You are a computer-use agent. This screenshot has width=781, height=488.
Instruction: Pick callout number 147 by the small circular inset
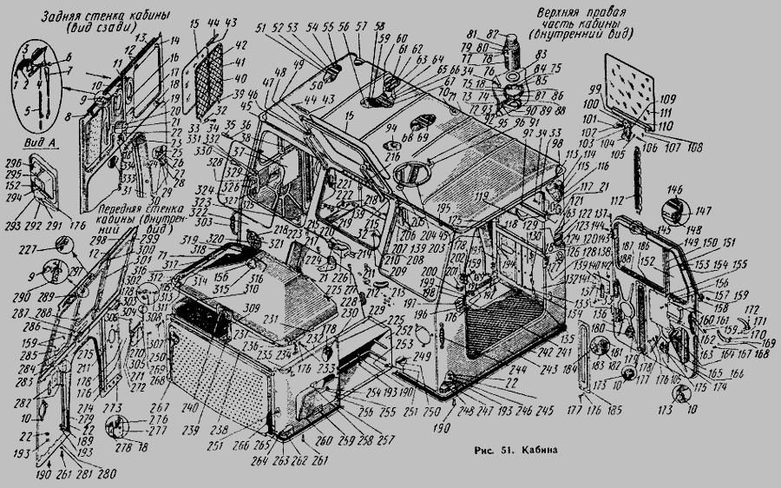(x=700, y=209)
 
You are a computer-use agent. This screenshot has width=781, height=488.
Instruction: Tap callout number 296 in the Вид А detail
(x=13, y=162)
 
